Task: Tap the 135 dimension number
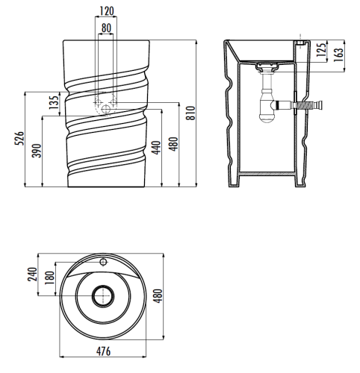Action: [53, 102]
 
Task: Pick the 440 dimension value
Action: [156, 146]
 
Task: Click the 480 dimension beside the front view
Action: [173, 142]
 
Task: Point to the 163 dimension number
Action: [340, 54]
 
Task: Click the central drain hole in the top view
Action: [102, 296]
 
